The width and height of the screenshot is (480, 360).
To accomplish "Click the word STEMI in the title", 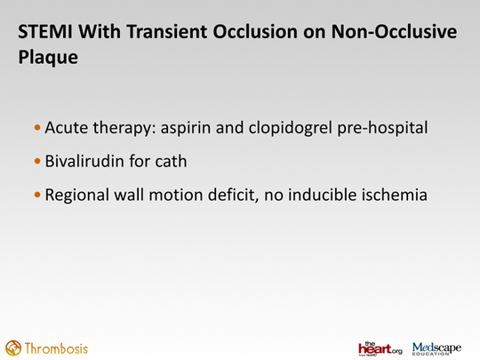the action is (x=45, y=32).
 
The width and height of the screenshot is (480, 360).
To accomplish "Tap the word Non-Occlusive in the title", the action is (x=394, y=32).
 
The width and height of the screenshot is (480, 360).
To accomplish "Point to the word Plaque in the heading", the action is (x=48, y=58).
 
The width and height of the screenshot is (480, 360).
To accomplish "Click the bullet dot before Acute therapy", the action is (x=37, y=127).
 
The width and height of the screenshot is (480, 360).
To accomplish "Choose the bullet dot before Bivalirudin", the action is (x=37, y=161).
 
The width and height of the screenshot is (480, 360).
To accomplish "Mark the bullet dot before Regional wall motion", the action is (x=37, y=195).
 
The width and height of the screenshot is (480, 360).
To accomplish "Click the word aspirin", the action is (x=186, y=128).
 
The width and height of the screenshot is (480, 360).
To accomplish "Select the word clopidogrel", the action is (x=290, y=128).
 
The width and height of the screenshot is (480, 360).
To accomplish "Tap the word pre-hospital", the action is (x=382, y=128).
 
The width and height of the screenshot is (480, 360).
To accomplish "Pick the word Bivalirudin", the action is (x=84, y=161).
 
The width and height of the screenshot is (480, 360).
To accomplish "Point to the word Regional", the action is (x=77, y=196).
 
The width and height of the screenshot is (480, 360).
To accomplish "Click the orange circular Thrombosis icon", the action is (x=13, y=348).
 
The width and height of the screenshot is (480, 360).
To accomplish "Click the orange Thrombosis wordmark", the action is (x=56, y=348).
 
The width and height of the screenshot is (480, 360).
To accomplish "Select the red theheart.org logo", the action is (x=380, y=348).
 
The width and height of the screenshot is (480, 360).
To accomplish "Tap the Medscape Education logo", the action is (x=436, y=348).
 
